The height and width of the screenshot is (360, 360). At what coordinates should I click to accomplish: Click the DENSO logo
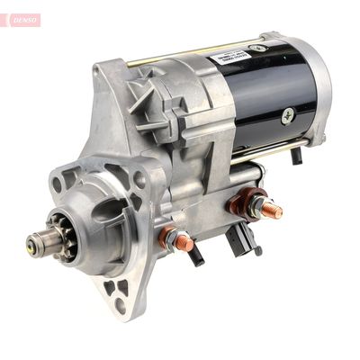coord(21,20)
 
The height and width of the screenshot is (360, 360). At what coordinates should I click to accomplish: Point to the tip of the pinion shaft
coord(33,241)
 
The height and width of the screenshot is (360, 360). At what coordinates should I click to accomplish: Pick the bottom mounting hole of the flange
coord(120,303)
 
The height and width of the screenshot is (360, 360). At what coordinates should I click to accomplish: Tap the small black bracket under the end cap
coord(296,155)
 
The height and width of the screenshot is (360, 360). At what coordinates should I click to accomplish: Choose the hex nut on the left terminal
coord(170,236)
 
